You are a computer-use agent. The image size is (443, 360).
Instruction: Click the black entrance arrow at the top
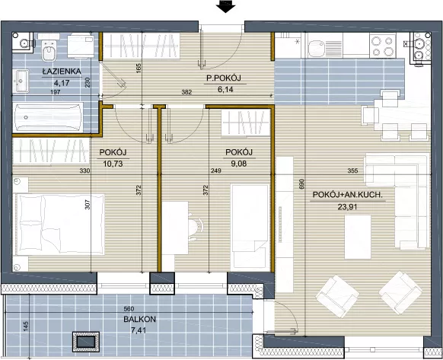point(226,6)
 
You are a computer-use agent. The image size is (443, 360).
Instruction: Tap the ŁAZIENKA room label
point(62,72)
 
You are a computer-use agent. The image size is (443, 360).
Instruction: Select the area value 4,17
point(62,83)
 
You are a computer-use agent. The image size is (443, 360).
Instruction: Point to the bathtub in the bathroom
point(48,117)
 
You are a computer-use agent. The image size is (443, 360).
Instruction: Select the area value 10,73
point(113,164)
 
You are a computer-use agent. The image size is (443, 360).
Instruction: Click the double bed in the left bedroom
point(59,225)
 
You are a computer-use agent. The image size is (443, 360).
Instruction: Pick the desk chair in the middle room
point(196,227)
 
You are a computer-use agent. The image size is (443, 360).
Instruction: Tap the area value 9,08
point(239,164)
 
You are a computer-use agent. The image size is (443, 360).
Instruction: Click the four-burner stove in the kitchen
point(383,46)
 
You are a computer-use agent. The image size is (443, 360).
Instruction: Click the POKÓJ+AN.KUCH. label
point(348,195)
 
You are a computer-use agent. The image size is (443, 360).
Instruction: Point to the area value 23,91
point(348,207)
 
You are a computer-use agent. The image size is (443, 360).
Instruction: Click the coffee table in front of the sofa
point(358,237)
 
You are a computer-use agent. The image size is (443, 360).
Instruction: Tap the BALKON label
point(139,320)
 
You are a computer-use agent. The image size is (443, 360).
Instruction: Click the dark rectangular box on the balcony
point(87,341)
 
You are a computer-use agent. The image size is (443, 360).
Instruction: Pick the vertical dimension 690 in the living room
point(301,183)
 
